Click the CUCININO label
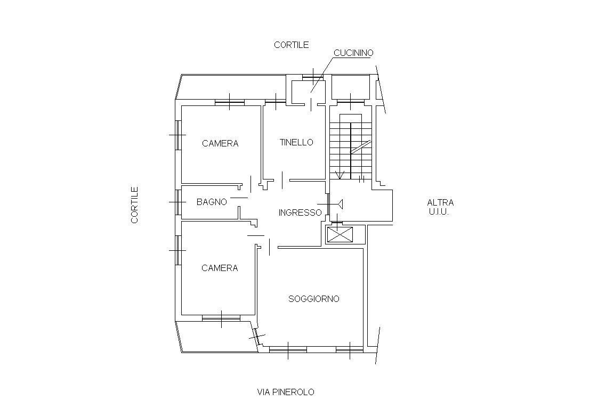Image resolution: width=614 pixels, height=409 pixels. [353, 53]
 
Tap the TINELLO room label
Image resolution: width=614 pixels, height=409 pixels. [296, 142]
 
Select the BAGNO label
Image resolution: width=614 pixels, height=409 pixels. [212, 202]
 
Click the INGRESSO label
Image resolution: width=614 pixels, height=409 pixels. [300, 212]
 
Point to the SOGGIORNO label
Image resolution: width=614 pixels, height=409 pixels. [313, 299]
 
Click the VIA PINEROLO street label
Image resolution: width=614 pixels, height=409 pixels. [286, 392]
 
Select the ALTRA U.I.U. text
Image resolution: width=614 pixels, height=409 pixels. [440, 208]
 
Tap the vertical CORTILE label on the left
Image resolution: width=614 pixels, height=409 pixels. [135, 204]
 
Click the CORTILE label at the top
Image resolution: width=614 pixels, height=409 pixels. [292, 45]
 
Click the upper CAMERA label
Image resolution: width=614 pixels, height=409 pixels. [220, 143]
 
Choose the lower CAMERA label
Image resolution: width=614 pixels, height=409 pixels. [220, 268]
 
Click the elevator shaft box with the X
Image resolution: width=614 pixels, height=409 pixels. [340, 234]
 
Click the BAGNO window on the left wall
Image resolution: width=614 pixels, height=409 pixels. [178, 202]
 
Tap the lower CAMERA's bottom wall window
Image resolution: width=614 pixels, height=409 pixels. [221, 318]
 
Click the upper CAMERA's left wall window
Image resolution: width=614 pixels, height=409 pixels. [178, 135]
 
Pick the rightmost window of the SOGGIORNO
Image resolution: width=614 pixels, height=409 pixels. [350, 349]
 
